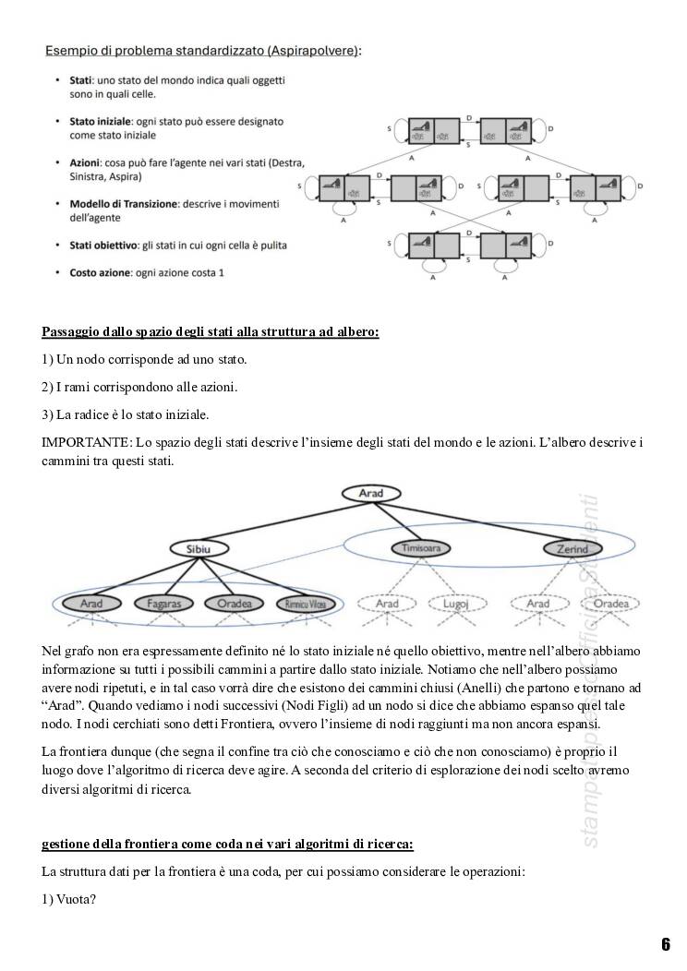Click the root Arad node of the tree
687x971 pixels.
(370, 494)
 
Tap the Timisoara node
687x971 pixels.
(427, 549)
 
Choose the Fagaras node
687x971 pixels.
(165, 604)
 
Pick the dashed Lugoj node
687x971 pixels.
(458, 604)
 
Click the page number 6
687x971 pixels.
(665, 943)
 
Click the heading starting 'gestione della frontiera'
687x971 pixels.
(227, 844)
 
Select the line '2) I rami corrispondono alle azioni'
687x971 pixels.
(139, 387)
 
